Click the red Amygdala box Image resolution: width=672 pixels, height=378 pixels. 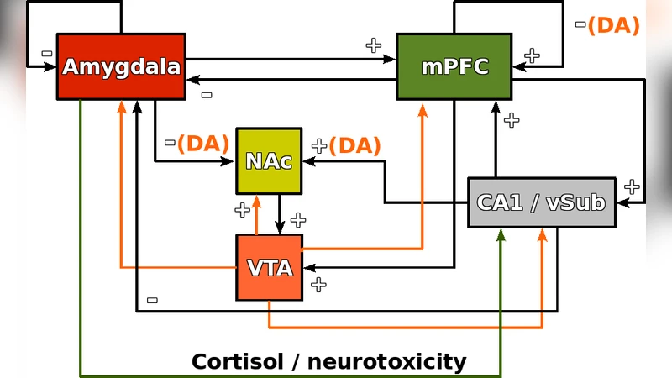click(121, 66)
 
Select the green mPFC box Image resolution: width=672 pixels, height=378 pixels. click(454, 66)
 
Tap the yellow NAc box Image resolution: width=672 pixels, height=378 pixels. click(269, 160)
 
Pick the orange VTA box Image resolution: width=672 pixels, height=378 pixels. click(269, 267)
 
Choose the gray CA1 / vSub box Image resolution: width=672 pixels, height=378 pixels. click(541, 202)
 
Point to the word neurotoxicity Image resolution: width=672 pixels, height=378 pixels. click(386, 362)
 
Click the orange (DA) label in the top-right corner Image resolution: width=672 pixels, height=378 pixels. click(613, 25)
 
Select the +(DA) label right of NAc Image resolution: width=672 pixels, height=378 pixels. click(346, 145)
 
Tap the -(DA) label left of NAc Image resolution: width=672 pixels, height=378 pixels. click(197, 143)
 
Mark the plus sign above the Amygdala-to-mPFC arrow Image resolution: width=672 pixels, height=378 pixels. click(374, 45)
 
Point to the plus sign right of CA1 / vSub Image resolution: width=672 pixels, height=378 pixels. click(632, 186)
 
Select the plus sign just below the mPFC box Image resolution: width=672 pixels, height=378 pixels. click(512, 120)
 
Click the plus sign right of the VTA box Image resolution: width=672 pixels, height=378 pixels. click(318, 285)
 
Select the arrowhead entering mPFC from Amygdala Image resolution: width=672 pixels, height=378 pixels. click(391, 59)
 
